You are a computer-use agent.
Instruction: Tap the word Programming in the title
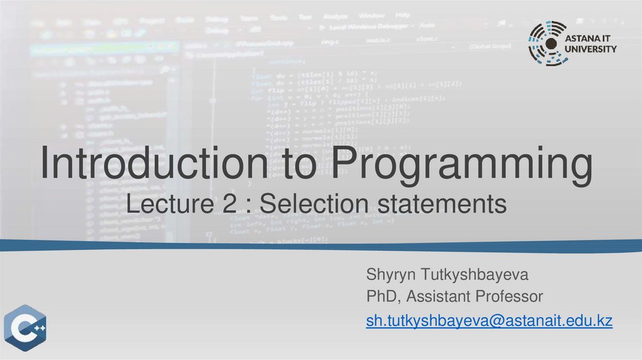[x=463, y=165]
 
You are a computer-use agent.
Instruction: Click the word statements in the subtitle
[x=441, y=204]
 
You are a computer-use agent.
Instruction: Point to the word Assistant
[x=440, y=295]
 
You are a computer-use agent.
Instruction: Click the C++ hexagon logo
[x=26, y=329]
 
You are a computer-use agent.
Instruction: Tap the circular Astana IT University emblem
[x=549, y=43]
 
